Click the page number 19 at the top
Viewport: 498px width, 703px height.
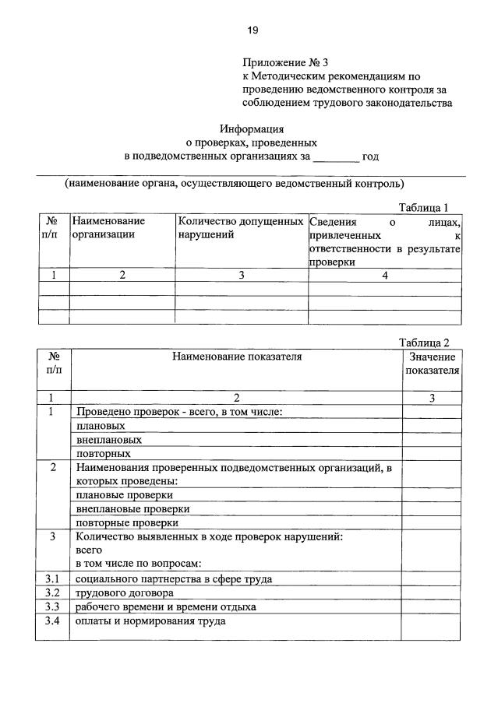coord(253,30)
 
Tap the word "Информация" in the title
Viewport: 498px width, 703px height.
coord(251,129)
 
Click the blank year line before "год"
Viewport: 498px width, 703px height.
coord(335,156)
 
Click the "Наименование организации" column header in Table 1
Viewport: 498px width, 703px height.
coord(109,227)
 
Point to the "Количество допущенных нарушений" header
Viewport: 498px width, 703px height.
coord(240,227)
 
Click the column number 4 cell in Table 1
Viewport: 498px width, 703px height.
coord(385,275)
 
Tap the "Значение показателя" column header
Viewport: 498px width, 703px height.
coord(432,364)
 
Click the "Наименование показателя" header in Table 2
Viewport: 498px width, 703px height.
coord(237,357)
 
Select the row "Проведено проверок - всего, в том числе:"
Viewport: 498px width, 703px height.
coord(178,412)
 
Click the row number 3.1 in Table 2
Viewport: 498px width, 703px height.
coord(52,578)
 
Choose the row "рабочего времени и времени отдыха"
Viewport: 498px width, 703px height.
coord(165,606)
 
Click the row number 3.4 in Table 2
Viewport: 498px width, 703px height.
coord(52,621)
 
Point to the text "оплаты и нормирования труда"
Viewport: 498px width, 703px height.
coord(150,621)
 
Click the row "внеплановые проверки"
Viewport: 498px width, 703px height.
coord(132,508)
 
